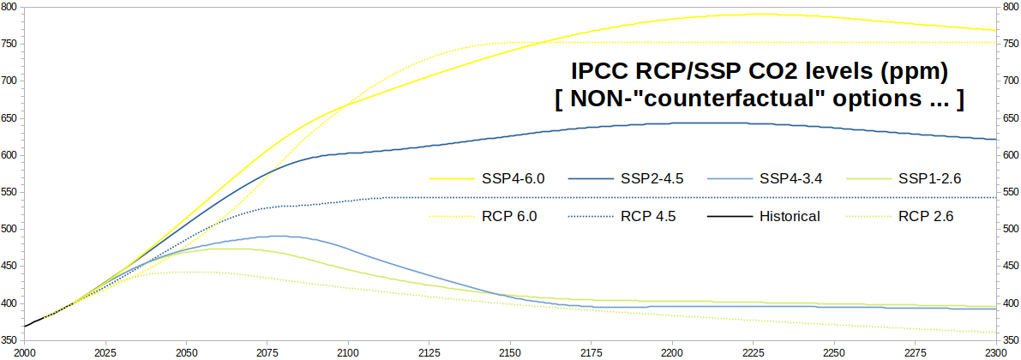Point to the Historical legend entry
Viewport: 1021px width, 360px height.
point(789,216)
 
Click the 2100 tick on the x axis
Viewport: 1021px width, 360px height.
point(348,352)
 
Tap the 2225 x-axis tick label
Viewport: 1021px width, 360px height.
point(754,352)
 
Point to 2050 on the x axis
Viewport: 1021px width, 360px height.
point(186,352)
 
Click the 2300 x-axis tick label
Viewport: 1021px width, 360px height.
point(996,352)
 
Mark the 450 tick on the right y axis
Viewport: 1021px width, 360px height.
point(1010,267)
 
